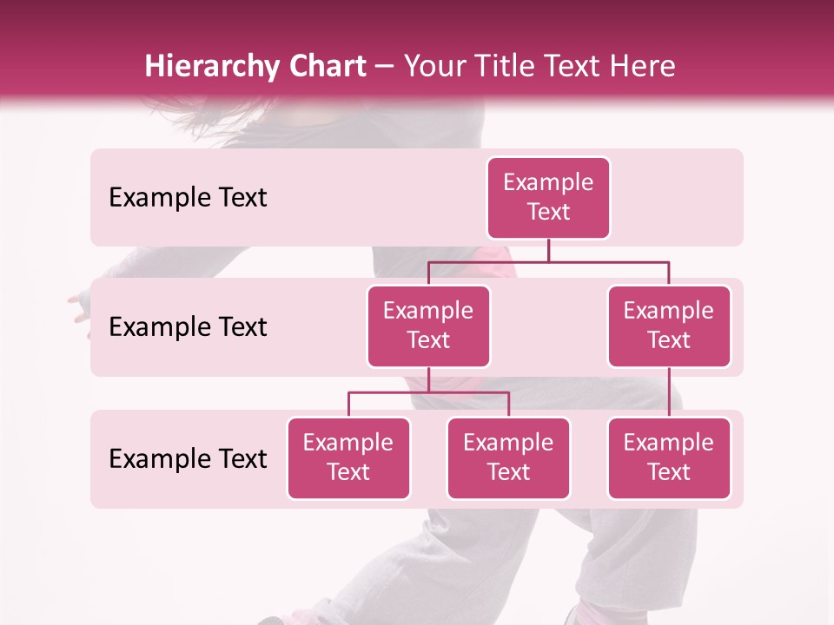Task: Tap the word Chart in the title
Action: [x=323, y=66]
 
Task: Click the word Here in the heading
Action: [x=639, y=66]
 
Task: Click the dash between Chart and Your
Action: [x=386, y=68]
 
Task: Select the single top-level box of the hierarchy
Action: [x=548, y=197]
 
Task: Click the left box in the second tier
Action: [x=428, y=326]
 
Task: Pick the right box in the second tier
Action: [x=669, y=326]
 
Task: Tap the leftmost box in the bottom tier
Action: [x=348, y=457]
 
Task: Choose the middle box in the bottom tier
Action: [x=508, y=457]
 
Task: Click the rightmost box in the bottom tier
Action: [x=669, y=457]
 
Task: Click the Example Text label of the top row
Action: [x=188, y=197]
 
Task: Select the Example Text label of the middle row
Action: [x=188, y=326]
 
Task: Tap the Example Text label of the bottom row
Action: [x=188, y=458]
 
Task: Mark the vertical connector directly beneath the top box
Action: [x=548, y=250]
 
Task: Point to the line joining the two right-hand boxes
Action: [x=669, y=392]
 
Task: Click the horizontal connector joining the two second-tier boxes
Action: [x=548, y=261]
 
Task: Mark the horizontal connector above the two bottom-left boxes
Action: [x=428, y=392]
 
